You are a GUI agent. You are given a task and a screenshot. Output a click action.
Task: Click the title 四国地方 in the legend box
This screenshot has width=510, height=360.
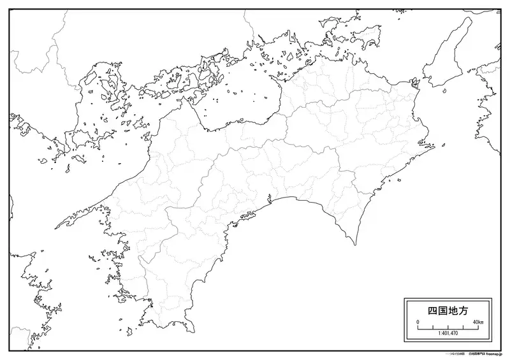pyautogui.click(x=447, y=311)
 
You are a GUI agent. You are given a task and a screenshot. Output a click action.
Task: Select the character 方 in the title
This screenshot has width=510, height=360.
pyautogui.click(x=462, y=311)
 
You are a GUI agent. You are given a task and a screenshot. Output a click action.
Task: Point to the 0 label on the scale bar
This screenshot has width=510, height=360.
pyautogui.click(x=418, y=323)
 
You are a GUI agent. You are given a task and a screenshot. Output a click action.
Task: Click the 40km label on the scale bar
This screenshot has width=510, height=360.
pyautogui.click(x=477, y=323)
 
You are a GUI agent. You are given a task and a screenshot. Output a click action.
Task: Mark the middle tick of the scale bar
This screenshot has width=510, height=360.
pyautogui.click(x=448, y=328)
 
